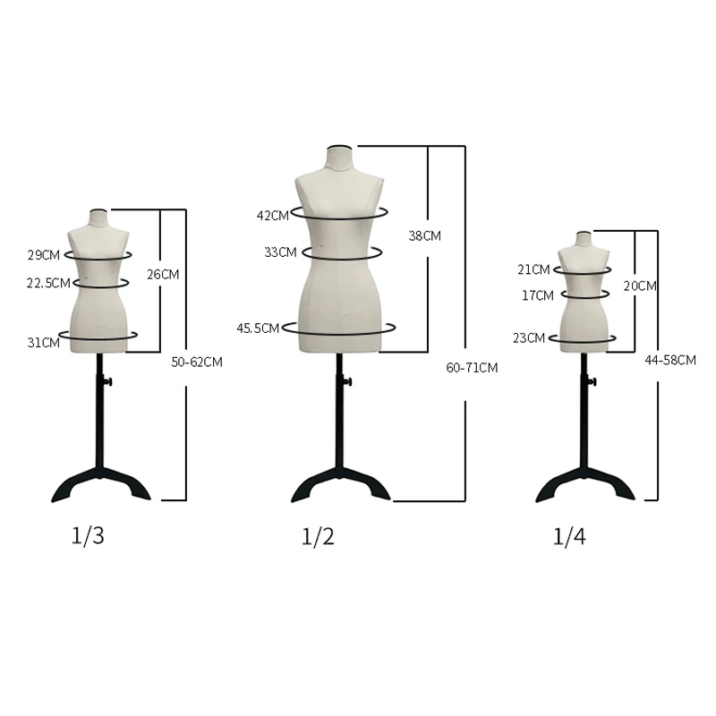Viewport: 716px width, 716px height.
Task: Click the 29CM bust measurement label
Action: (x=44, y=255)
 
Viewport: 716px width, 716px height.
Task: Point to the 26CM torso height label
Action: (x=163, y=274)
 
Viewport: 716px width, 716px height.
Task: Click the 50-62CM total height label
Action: (x=196, y=362)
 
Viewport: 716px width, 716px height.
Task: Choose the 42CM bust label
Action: (x=273, y=215)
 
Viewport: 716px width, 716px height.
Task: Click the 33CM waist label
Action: (x=280, y=252)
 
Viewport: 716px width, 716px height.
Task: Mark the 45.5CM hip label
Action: (x=257, y=328)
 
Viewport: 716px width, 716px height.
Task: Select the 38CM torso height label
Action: (x=424, y=235)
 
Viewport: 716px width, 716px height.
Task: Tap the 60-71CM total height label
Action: (x=472, y=368)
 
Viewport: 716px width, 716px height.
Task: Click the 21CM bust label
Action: (x=533, y=269)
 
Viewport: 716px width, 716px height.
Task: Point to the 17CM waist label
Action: (x=538, y=294)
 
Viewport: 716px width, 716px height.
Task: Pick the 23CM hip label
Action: (x=530, y=337)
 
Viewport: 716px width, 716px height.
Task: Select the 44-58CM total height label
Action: (x=669, y=360)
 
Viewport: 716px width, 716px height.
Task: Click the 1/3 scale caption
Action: (x=89, y=536)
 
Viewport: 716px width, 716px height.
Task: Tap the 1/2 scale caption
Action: (x=318, y=537)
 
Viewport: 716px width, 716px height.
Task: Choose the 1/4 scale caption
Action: (x=569, y=537)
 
